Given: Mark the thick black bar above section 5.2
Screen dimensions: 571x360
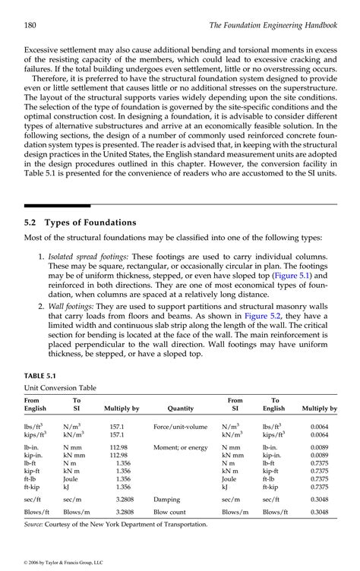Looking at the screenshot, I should (x=57, y=205).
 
